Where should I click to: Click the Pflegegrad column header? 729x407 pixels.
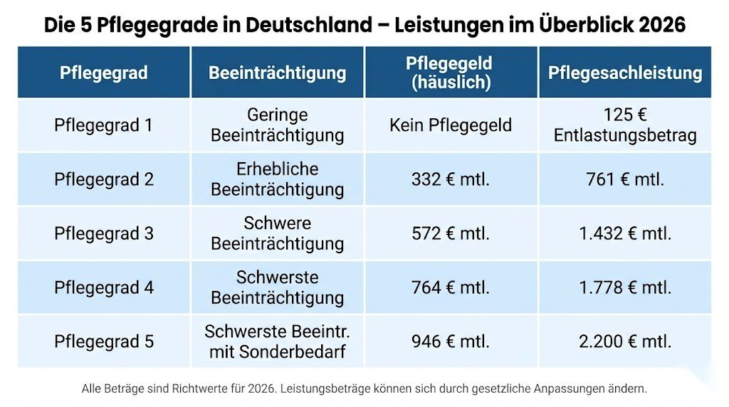104,73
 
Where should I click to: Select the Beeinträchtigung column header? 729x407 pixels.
277,73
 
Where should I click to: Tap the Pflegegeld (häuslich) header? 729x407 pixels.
451,73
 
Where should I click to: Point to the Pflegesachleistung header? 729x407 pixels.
624,73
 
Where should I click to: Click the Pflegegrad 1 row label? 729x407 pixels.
104,125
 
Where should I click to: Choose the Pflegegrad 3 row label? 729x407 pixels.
104,233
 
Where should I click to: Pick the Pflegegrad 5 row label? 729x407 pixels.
104,342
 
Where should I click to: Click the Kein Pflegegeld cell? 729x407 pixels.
451,125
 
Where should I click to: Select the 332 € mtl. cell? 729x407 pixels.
451,179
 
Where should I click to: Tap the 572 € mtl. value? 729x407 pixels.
451,233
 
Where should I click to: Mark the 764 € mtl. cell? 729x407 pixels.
451,287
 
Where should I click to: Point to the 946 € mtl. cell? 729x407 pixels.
451,342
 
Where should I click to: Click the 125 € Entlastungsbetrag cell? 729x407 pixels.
624,125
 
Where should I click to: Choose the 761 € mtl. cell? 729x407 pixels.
624,179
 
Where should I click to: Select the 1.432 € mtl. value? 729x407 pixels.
624,233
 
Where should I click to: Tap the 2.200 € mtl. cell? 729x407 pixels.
624,342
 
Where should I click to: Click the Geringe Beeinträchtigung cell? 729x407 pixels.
277,125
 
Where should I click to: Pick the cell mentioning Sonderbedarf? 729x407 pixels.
277,342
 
